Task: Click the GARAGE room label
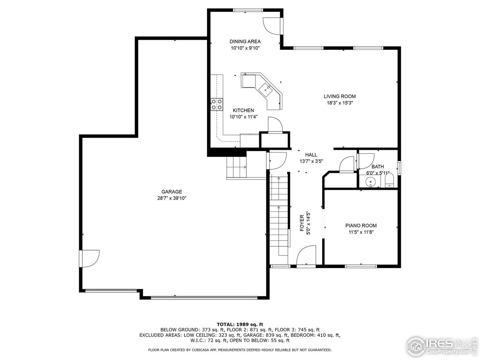pos(172,192)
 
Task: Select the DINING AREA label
pos(245,42)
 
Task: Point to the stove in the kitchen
pos(216,104)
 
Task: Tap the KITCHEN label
pos(243,110)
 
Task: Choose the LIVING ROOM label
pos(340,96)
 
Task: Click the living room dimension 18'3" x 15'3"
pos(340,103)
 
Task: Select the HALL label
pos(311,154)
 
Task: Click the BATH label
pos(378,167)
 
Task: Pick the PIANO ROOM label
pos(361,225)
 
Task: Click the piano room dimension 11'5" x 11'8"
pos(361,232)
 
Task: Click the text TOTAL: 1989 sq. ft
pos(240,324)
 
